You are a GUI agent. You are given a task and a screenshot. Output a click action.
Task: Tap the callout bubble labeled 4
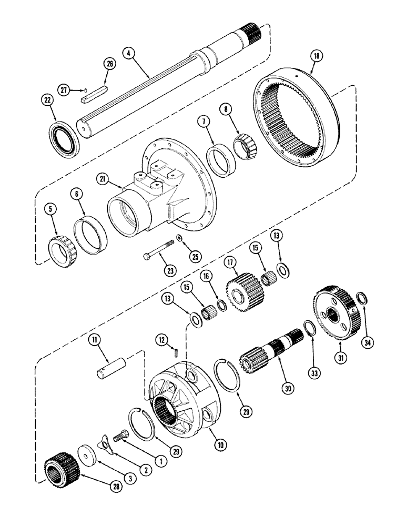[x=127, y=53]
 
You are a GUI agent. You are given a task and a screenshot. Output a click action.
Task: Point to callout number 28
[x=115, y=487]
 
